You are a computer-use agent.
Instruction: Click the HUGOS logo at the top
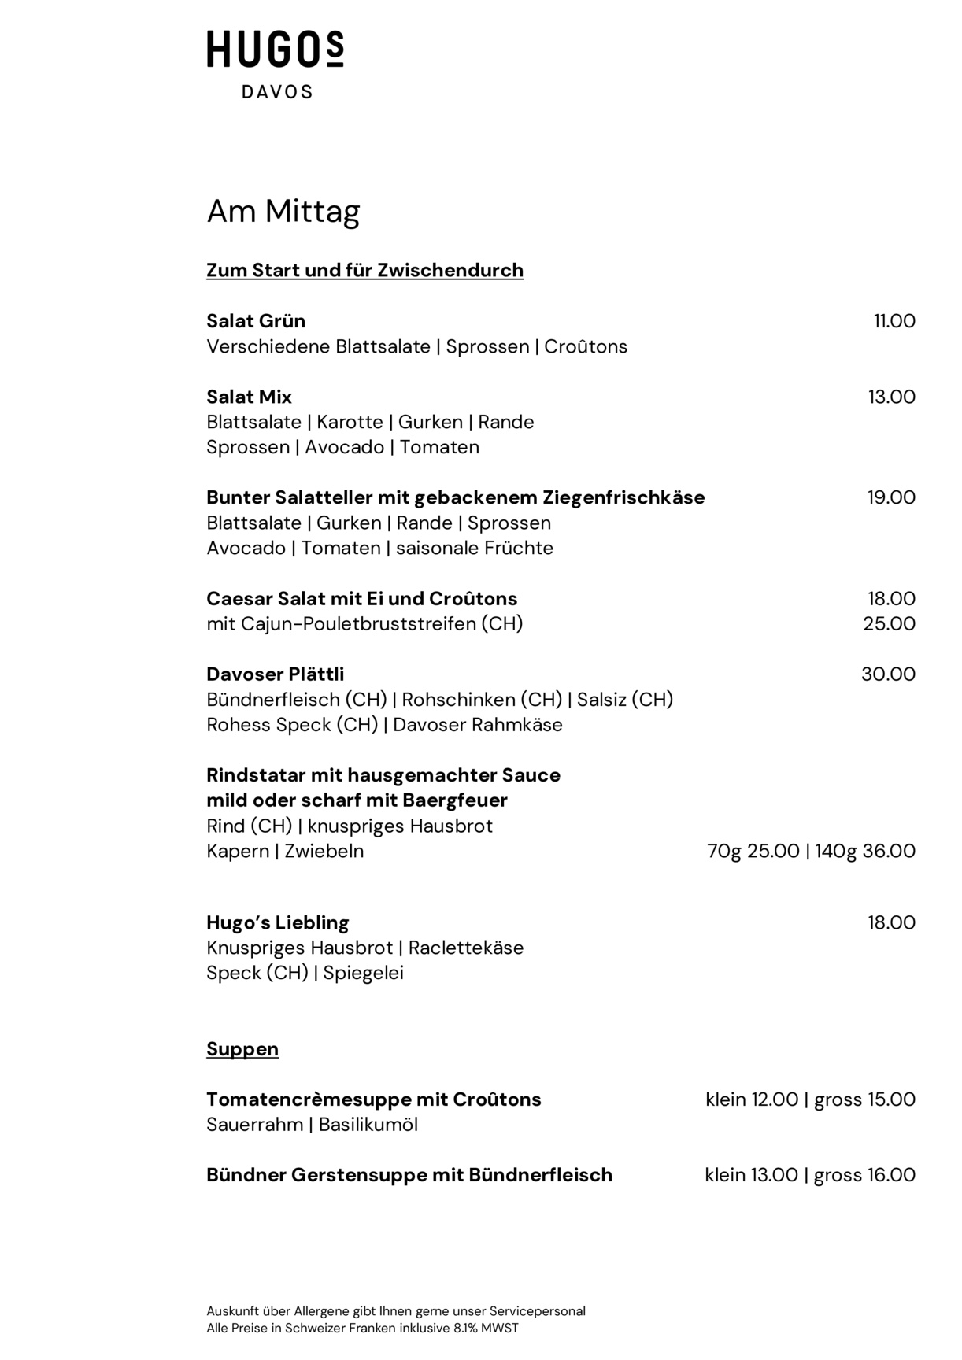click(275, 50)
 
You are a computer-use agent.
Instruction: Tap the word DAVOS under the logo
click(276, 92)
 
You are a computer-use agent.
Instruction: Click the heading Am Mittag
click(283, 211)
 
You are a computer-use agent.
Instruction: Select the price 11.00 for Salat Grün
click(894, 321)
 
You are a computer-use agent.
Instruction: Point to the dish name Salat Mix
click(249, 397)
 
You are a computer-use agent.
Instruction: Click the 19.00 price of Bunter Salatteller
click(891, 497)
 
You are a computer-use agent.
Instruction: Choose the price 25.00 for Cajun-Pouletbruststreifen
click(889, 624)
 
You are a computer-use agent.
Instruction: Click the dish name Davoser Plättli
click(275, 674)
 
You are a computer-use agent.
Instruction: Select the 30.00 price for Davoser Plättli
click(888, 674)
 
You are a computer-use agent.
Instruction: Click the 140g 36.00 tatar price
click(864, 851)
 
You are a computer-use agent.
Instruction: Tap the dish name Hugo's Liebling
click(277, 922)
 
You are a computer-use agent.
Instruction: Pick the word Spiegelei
click(363, 973)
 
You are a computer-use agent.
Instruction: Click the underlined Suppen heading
click(242, 1049)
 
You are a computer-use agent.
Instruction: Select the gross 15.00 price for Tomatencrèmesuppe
click(864, 1099)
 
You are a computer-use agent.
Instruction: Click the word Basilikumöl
click(368, 1125)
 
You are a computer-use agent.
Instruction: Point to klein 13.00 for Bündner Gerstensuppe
click(751, 1175)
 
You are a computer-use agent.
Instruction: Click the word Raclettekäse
click(466, 948)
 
